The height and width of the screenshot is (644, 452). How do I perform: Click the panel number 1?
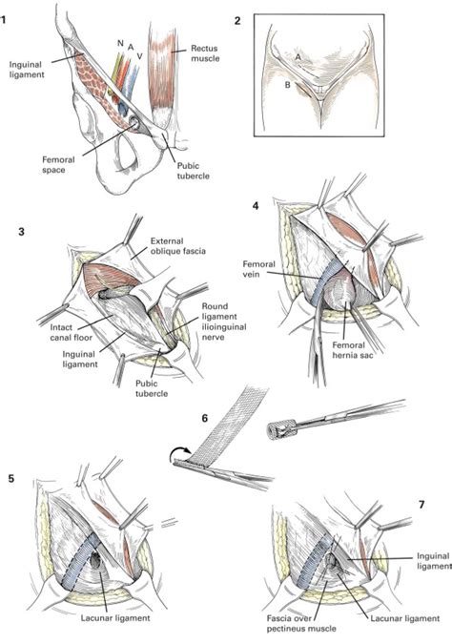(x=6, y=19)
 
